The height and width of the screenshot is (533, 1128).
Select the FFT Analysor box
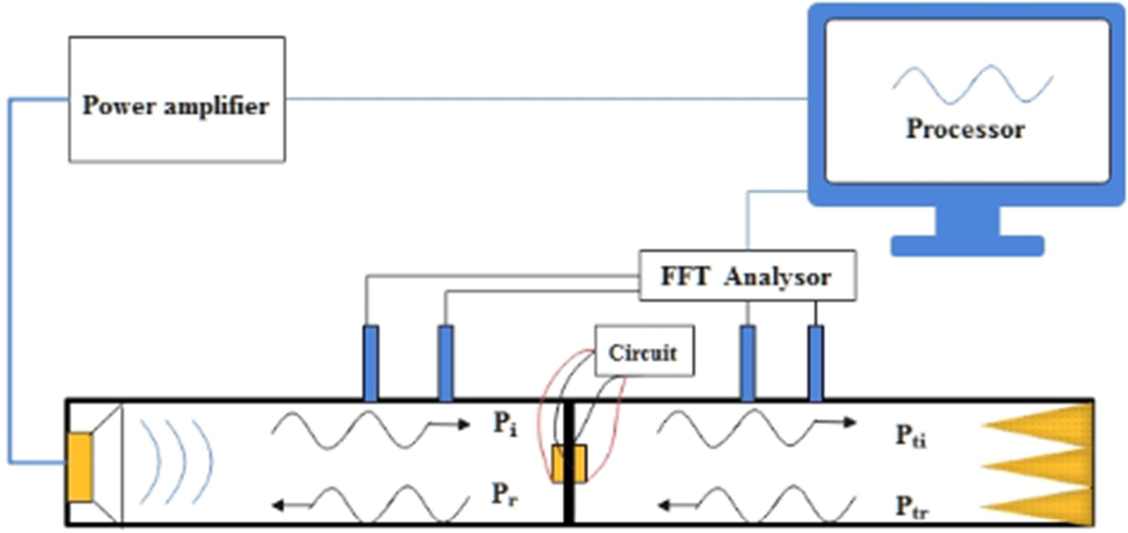point(746,275)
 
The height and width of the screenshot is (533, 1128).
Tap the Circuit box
point(643,351)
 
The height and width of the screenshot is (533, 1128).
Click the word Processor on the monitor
point(964,128)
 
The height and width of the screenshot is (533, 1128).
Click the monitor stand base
point(967,245)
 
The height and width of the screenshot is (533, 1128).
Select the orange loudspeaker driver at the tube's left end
point(81,467)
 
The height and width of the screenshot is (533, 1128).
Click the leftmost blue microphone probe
point(371,362)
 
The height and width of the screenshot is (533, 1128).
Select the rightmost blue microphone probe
point(815,362)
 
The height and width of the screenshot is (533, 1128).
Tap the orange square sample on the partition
point(568,464)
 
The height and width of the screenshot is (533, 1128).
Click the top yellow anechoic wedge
point(1040,424)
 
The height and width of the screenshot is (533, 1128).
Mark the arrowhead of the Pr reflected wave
point(280,504)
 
